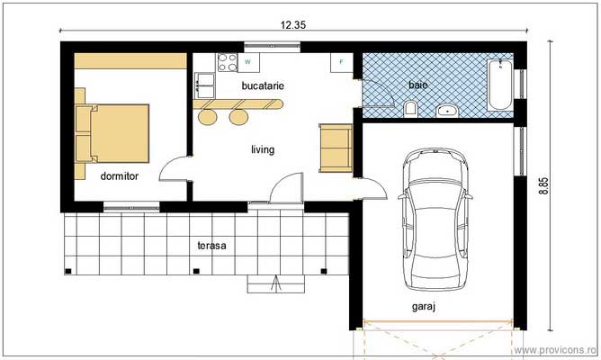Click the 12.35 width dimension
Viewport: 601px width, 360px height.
pos(294,25)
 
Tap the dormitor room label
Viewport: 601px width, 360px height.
pos(119,177)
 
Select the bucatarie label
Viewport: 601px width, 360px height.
pos(263,85)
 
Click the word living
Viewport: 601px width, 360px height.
pos(263,149)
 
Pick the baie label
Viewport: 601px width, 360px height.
pos(417,85)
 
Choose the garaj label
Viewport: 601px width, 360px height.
pos(424,307)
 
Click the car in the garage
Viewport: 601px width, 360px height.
pos(435,220)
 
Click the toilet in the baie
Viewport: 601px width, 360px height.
pos(411,109)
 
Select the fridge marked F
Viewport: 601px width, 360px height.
pos(342,62)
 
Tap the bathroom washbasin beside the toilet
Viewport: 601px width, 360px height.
pos(447,111)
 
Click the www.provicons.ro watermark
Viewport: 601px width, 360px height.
pos(555,349)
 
